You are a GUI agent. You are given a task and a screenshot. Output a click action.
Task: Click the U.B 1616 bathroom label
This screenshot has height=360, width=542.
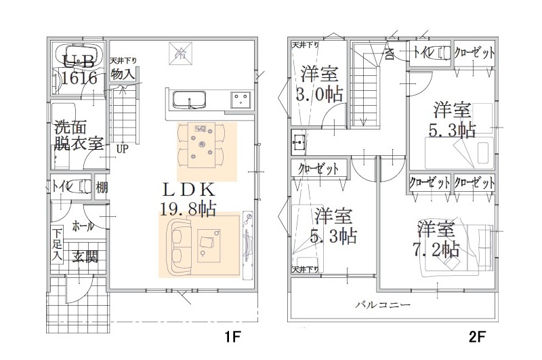coord(79,69)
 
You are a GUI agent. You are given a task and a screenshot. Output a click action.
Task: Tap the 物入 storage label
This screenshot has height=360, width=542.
coord(123,73)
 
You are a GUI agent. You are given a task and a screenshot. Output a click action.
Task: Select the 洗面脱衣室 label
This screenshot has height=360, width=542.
coord(78,135)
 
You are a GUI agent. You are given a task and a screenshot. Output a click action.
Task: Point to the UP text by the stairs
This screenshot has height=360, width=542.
coord(122,148)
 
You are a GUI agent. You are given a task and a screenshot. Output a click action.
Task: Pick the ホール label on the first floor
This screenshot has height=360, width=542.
coord(82,226)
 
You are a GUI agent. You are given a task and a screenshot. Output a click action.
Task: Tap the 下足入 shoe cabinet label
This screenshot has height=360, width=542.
coord(58,245)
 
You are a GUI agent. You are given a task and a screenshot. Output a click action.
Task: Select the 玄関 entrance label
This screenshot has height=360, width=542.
coord(86,256)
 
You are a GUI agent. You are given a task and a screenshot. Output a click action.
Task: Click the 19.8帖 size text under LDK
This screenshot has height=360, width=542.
coord(188,208)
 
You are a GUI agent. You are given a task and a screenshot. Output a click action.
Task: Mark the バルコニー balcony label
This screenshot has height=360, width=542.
coord(383,305)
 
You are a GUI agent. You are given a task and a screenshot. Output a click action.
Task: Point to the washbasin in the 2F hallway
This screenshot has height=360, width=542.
coord(299,142)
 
